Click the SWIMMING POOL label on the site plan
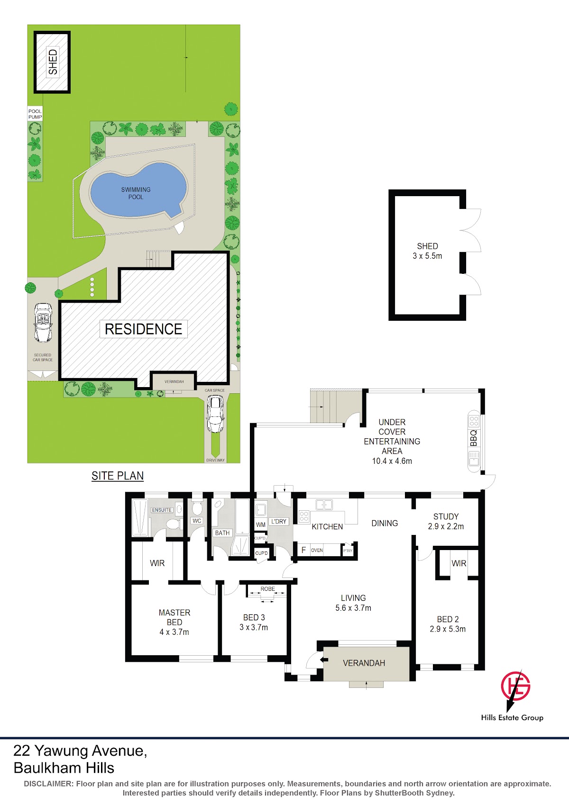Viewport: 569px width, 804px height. pos(136,193)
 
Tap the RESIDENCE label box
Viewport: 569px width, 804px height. pos(143,329)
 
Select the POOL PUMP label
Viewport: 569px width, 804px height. pos(35,114)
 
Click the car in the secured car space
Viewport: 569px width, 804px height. pos(43,323)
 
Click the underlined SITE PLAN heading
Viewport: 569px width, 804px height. pos(118,476)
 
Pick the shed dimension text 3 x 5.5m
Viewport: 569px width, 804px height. pos(428,256)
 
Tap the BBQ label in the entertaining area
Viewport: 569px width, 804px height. pos(473,438)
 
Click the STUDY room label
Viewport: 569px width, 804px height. pos(446,516)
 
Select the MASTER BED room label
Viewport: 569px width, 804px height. pos(174,617)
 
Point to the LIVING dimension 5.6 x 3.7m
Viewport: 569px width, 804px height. pos(353,608)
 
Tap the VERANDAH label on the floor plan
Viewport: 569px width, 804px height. pos(364,663)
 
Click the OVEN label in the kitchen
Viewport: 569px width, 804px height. pos(317,550)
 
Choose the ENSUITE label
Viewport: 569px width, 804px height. pos(162,510)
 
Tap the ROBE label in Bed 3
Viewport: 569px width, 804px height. pos(267,588)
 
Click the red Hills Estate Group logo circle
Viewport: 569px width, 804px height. pos(515,686)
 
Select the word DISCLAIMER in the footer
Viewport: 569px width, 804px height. pos(48,784)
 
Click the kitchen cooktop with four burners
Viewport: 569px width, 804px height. pos(304,516)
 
